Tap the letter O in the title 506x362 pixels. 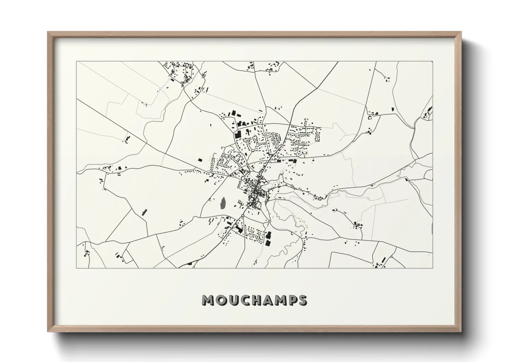(221, 300)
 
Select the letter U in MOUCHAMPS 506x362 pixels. (233, 300)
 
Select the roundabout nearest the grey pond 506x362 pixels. (242, 215)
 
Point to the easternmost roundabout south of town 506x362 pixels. (270, 221)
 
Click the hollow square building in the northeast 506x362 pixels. (369, 118)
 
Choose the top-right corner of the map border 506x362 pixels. (432, 62)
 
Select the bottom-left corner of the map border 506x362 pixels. (76, 268)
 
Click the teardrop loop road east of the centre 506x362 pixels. (281, 178)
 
